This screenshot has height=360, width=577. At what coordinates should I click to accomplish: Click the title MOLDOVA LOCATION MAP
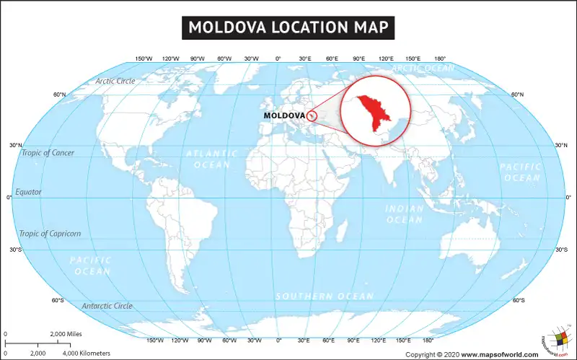pos(288,28)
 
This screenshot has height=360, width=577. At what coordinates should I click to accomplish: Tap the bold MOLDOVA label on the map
pos(283,115)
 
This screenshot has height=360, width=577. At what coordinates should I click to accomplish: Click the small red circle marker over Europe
pos(312,115)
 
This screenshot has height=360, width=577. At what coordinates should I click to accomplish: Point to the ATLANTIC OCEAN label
pos(212,159)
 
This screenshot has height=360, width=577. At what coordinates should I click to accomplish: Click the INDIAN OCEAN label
pos(405,214)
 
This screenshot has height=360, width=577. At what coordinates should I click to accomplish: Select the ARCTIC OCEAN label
pos(423,69)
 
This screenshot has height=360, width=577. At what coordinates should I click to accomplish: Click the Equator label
pos(28,192)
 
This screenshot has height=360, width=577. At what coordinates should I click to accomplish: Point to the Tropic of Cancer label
pos(48,153)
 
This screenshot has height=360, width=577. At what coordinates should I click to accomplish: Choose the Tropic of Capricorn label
pos(50,234)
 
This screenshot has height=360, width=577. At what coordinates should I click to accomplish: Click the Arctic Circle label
pos(115,81)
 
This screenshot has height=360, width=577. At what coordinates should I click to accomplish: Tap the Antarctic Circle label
pos(107,306)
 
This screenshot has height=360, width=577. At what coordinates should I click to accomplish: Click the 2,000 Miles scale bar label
pos(66,335)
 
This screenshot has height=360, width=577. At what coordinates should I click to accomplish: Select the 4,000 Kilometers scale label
pos(87,354)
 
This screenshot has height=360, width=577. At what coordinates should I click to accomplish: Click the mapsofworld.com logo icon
pos(555,339)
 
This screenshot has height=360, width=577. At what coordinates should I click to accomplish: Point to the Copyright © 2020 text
pos(432,354)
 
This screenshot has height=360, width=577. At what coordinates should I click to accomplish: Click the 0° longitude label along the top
pos(278,58)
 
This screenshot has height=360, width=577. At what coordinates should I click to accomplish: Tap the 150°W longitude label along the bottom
pos(154,340)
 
